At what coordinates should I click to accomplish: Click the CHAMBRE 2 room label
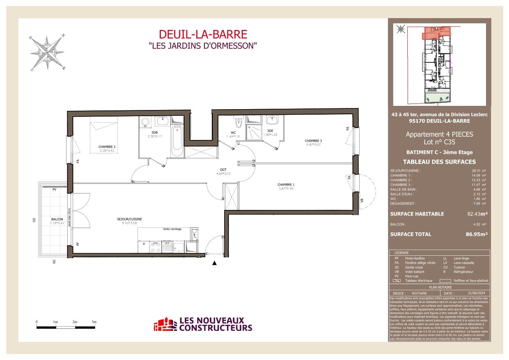(x=106, y=147)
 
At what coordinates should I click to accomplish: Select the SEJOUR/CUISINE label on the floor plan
(x=129, y=219)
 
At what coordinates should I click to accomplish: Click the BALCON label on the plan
(x=57, y=220)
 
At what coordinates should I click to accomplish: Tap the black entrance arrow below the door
(x=214, y=264)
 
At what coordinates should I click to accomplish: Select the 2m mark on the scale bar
(x=75, y=322)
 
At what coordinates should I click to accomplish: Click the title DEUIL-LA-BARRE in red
(x=203, y=34)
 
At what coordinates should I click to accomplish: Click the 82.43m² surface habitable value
(x=477, y=214)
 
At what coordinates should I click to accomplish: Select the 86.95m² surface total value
(x=477, y=234)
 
